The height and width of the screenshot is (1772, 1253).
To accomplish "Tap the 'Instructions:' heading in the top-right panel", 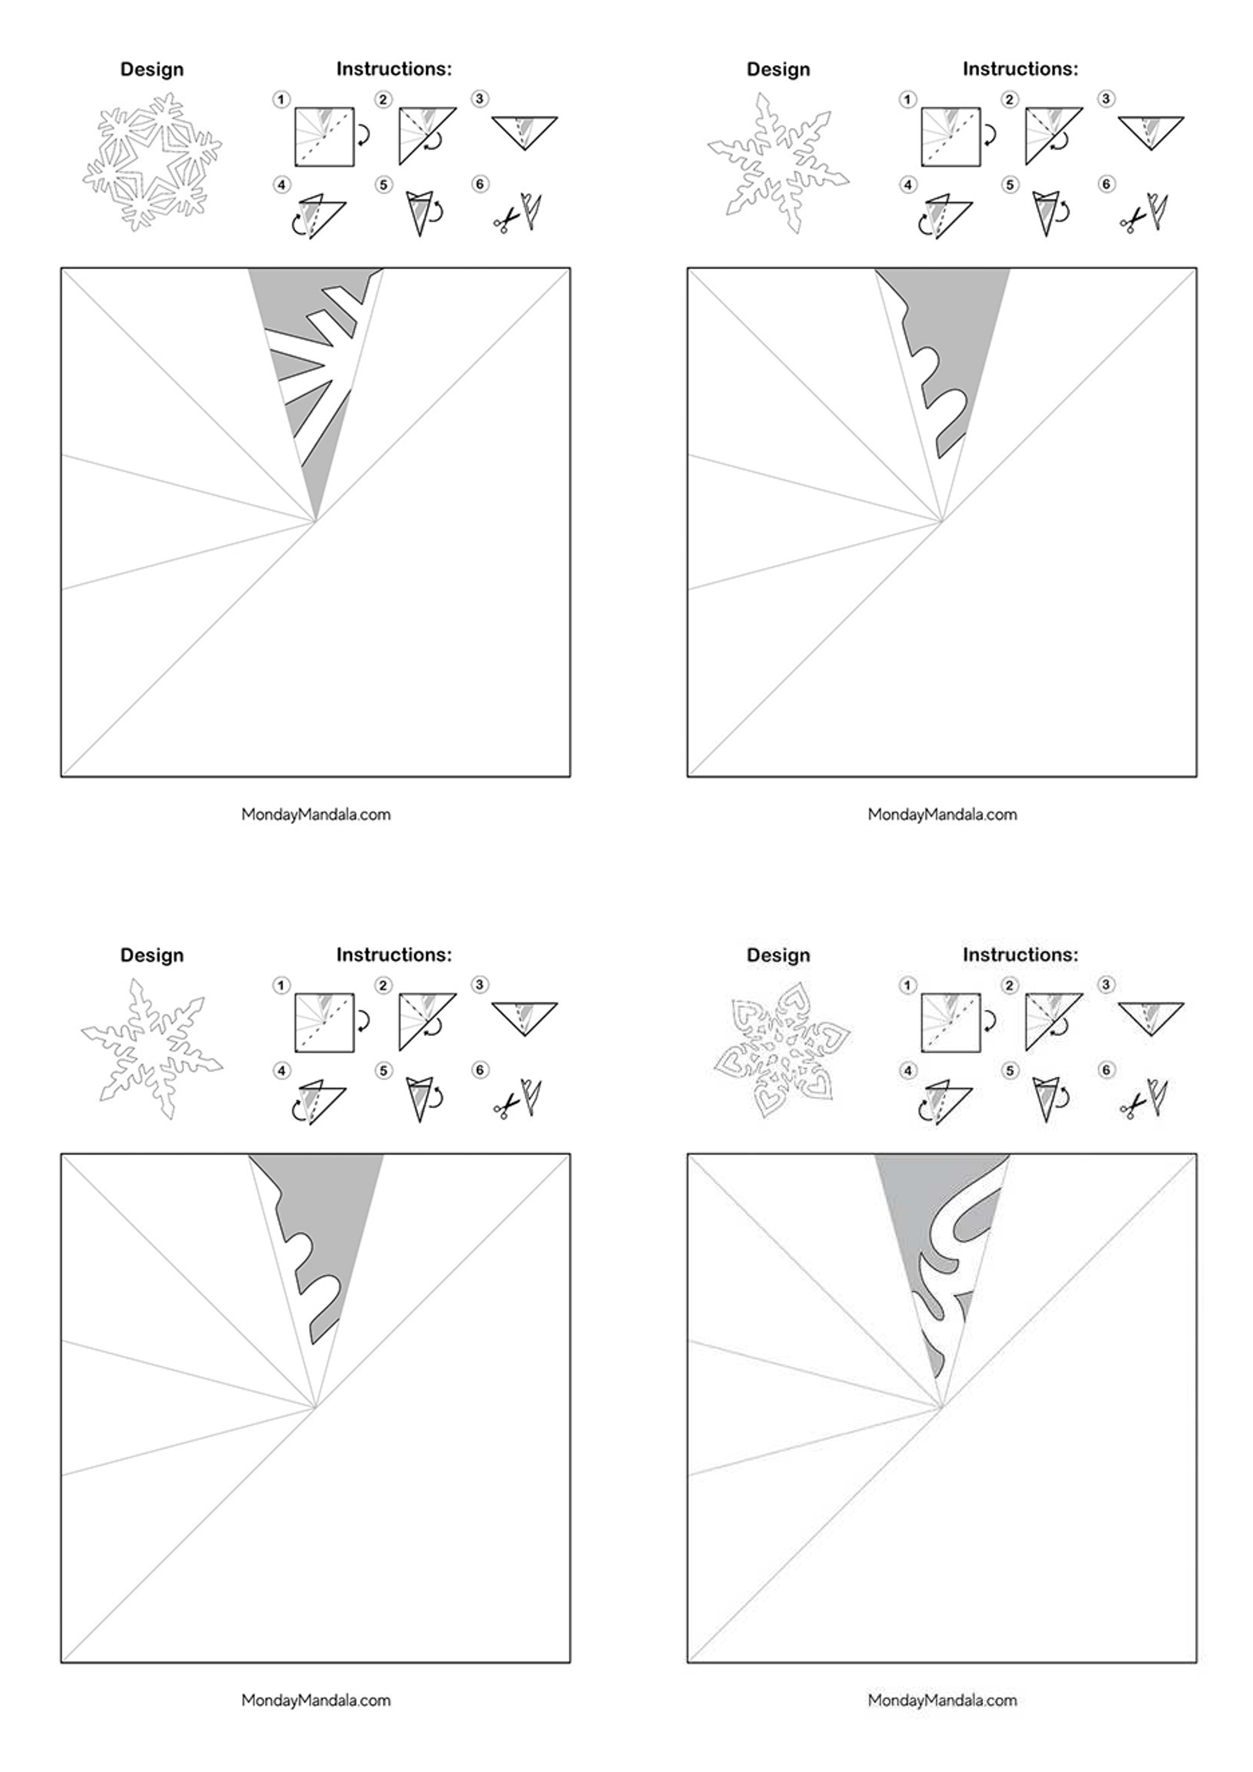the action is pos(1020,69).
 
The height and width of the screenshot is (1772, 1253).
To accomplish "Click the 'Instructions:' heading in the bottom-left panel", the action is pos(394,955).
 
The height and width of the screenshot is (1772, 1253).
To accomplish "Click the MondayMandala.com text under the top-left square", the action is pos(316,814).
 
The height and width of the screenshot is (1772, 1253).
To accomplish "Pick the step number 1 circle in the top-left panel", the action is pos(281,100).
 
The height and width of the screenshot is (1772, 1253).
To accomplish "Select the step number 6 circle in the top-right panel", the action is pos(1106,184).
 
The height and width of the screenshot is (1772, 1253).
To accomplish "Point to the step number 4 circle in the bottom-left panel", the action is pos(281,1070).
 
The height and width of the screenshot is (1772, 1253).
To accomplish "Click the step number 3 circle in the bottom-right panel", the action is pos(1106,985).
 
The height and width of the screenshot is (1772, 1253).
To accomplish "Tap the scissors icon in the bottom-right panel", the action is pos(1132,1107).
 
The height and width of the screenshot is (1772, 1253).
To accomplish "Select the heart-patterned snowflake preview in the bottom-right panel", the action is pos(780,1050).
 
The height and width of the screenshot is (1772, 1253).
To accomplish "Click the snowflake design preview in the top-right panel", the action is pos(778,163).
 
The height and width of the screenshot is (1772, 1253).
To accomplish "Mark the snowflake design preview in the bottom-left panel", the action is pos(152,1049).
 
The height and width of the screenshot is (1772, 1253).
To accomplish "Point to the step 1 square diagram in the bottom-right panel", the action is pos(950,1022).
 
